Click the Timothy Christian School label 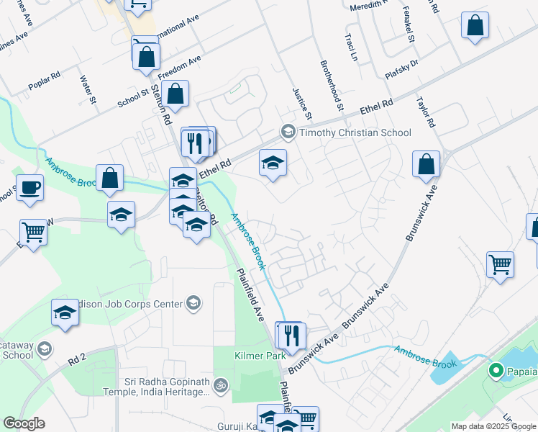pos(355,132)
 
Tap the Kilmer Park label pos(255,356)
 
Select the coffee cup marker pos(29,188)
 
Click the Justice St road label pos(302,104)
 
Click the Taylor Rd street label pos(425,112)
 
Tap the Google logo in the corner pos(24,423)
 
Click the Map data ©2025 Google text pos(493,426)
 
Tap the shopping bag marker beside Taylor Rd pos(427,164)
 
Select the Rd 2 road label pos(77,357)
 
